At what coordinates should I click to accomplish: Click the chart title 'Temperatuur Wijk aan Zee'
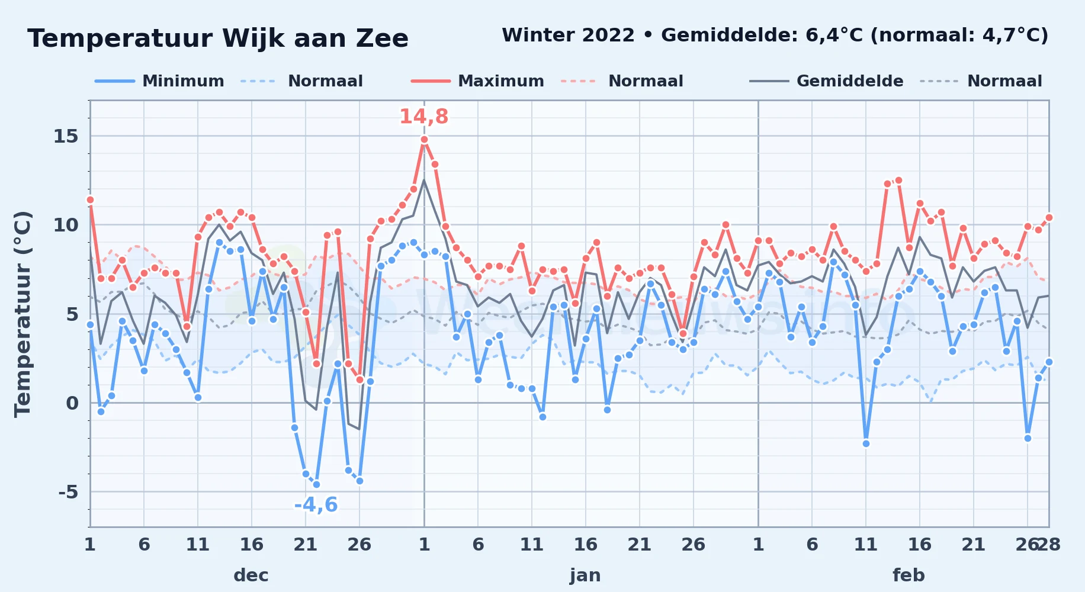point(218,38)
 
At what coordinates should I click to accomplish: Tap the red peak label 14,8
point(424,117)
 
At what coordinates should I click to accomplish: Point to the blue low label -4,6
point(316,505)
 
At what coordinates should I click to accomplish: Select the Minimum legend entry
point(159,81)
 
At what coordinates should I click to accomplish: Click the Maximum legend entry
point(477,81)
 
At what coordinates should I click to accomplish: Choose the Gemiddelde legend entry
point(826,81)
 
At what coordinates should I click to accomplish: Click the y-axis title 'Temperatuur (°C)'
point(23,314)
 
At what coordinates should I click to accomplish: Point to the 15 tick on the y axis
point(66,137)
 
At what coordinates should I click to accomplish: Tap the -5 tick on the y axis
point(68,492)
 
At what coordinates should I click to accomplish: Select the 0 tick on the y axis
point(72,403)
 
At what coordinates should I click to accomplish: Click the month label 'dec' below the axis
point(251,575)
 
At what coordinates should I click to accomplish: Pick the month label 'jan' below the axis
point(585,575)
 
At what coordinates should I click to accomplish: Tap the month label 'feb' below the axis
point(909,575)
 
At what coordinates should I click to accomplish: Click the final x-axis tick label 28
point(1049,545)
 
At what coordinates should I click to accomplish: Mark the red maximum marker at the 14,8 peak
point(424,140)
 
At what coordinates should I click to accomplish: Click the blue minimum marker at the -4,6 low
point(316,484)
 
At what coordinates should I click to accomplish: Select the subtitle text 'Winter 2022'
point(568,36)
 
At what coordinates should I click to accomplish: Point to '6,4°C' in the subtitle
point(834,36)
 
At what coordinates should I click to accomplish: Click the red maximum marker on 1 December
point(90,200)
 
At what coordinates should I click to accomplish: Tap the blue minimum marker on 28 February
point(1049,362)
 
